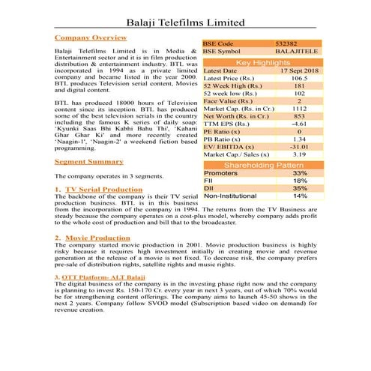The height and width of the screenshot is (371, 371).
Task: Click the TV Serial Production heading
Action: tap(103, 190)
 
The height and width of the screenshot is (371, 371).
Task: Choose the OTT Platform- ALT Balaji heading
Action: tap(101, 278)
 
